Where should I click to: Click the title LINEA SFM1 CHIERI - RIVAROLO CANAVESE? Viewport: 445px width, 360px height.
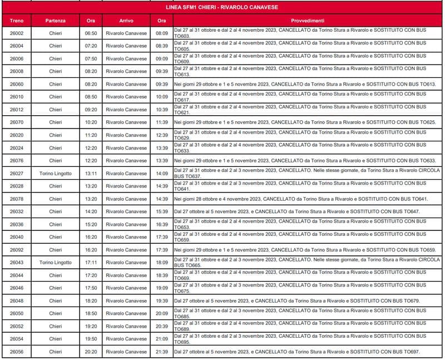[x=222, y=8]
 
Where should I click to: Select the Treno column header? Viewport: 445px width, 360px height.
[x=17, y=21]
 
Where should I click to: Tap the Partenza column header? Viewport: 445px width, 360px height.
[x=56, y=21]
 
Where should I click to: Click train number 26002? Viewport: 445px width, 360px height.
[x=17, y=33]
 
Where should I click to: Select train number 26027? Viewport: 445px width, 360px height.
[x=17, y=174]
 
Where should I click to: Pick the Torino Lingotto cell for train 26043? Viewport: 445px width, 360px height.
[x=56, y=263]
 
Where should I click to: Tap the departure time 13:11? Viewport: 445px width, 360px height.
[x=91, y=174]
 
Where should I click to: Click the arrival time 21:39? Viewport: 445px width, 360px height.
[x=162, y=352]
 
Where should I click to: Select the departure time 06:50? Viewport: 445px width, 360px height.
[x=91, y=33]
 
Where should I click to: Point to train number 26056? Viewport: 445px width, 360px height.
[x=17, y=352]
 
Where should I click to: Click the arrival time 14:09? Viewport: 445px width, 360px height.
[x=162, y=174]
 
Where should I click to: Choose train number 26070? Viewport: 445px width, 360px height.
[x=17, y=122]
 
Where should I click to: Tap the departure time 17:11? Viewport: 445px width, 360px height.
[x=91, y=263]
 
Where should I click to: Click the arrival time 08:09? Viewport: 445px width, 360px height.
[x=162, y=33]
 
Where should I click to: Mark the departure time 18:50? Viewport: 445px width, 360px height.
[x=91, y=313]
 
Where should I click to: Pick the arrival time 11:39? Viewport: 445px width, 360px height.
[x=162, y=122]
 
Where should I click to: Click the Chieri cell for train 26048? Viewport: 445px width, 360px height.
[x=56, y=301]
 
